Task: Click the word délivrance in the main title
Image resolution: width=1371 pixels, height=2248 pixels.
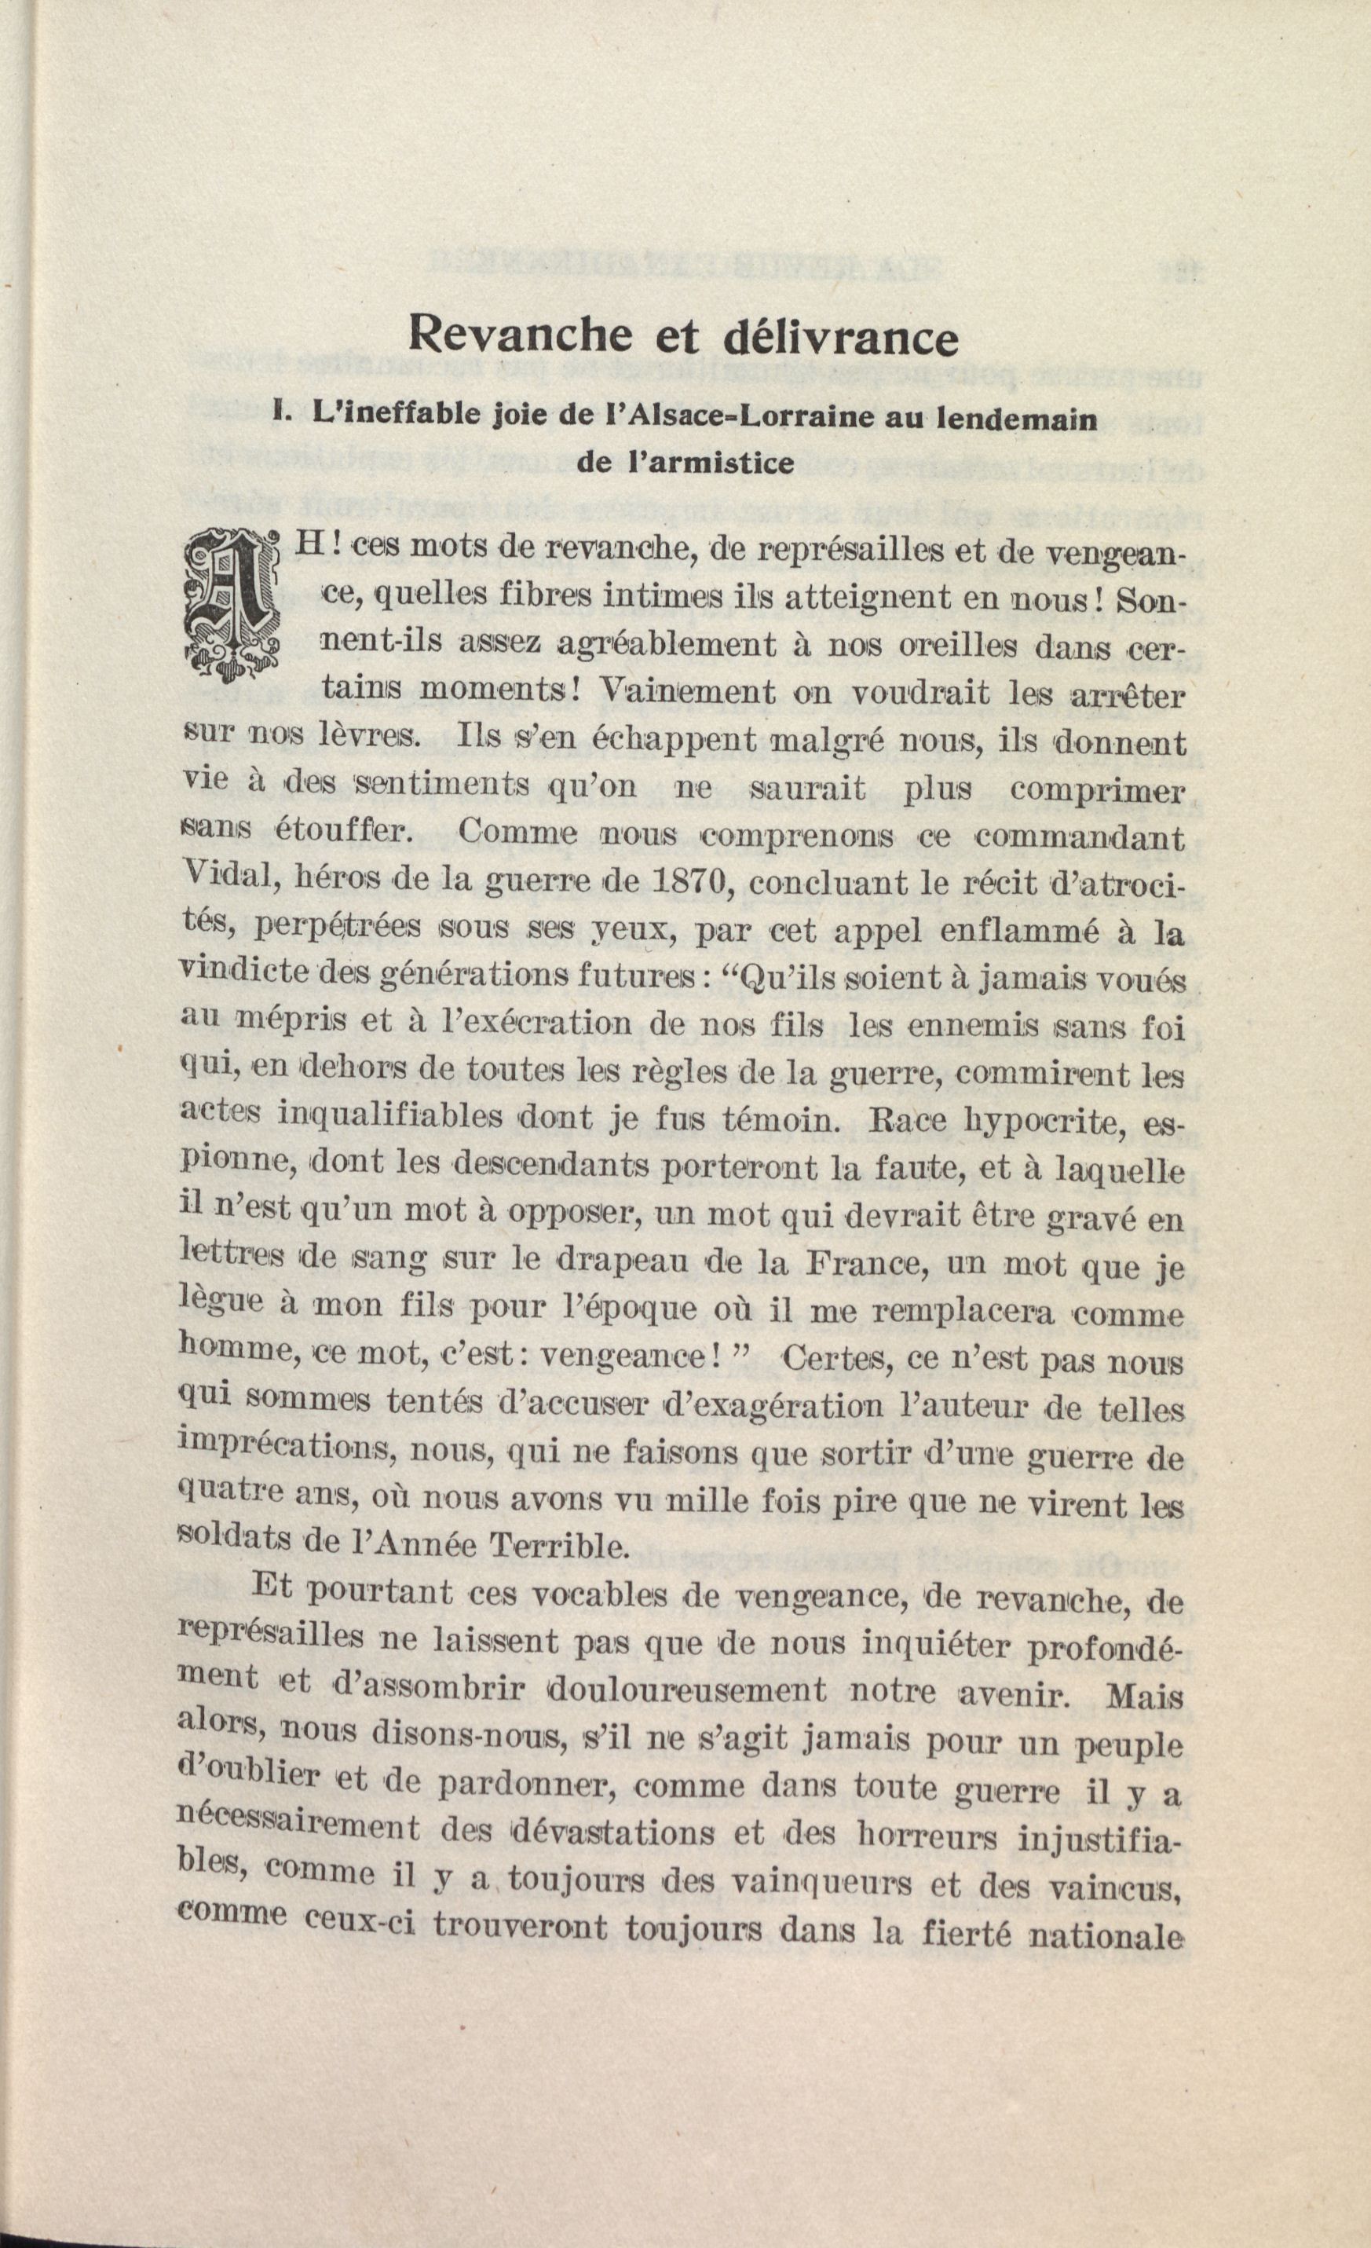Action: coord(839,338)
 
